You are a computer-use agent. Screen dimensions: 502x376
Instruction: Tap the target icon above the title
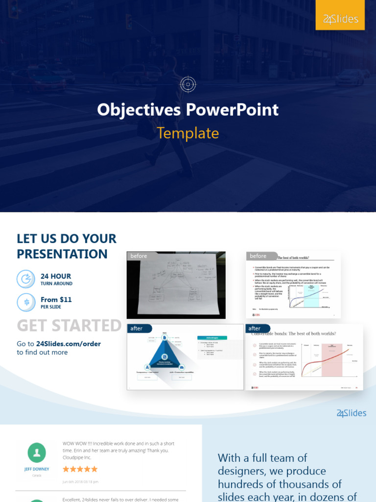(x=188, y=84)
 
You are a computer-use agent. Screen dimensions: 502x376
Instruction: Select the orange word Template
(x=188, y=133)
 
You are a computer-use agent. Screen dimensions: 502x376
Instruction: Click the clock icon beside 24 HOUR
(x=26, y=279)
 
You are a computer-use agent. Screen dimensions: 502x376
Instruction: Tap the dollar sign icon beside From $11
(x=26, y=302)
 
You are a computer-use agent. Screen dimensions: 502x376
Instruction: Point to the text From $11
(x=56, y=300)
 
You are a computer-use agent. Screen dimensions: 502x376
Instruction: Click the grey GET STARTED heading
(x=69, y=326)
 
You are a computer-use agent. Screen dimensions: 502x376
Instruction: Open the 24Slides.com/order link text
(x=69, y=344)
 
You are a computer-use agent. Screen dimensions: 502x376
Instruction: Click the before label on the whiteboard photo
(x=139, y=256)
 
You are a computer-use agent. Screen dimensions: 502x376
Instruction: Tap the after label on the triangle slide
(x=137, y=328)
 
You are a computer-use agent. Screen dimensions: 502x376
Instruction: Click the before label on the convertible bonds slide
(x=258, y=256)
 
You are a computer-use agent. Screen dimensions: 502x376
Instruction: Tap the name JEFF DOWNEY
(x=37, y=469)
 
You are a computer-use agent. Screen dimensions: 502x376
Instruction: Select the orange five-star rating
(x=80, y=469)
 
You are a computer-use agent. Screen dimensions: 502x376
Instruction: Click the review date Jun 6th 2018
(x=80, y=481)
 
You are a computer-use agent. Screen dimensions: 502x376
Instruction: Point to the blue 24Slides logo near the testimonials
(x=351, y=413)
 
